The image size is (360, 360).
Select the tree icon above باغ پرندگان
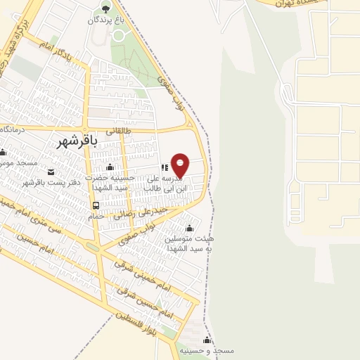point(105,8)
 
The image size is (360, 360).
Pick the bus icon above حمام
point(94,205)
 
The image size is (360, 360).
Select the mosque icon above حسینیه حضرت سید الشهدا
point(110,167)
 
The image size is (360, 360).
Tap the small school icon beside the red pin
point(164,168)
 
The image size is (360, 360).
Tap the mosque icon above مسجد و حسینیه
point(207,340)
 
